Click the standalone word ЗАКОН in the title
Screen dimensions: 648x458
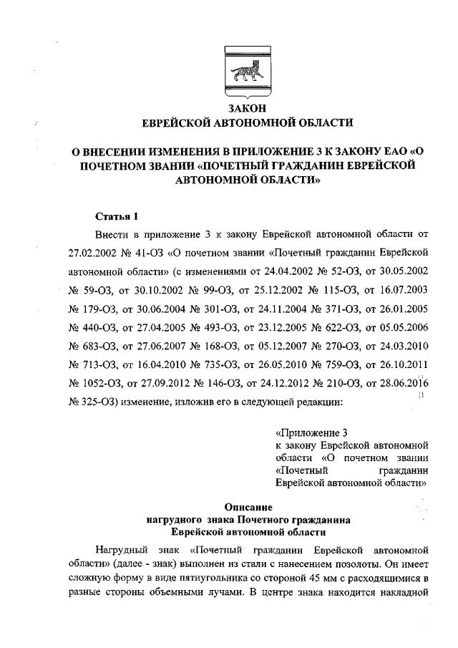[x=247, y=108]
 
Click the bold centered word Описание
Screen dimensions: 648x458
[x=247, y=506]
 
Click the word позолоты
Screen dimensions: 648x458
[x=353, y=560]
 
